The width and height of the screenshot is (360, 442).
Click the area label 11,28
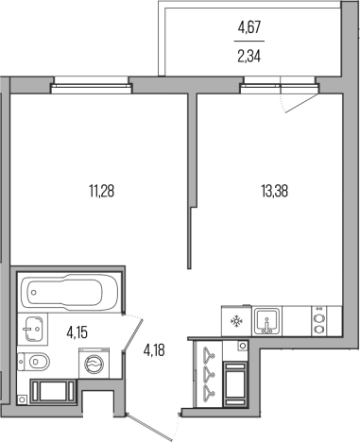tap(101, 191)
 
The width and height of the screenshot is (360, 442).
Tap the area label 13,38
tap(274, 191)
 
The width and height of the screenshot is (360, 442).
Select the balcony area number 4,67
tap(249, 27)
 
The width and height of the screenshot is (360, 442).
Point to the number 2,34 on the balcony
tap(249, 57)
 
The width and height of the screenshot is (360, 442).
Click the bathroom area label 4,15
tap(77, 332)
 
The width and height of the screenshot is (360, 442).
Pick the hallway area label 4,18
tap(154, 349)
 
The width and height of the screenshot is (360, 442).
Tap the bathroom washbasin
tap(33, 329)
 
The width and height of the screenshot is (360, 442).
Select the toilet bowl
tap(34, 362)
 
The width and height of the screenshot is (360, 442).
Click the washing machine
tap(94, 363)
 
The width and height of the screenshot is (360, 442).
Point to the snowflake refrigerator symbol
tap(236, 321)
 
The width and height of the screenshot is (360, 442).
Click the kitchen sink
tap(267, 321)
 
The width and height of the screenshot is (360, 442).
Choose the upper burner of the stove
tap(318, 317)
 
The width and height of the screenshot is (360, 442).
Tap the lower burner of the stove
tap(318, 330)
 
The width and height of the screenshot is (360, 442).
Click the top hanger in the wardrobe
tap(208, 353)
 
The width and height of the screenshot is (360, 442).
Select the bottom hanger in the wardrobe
tap(208, 391)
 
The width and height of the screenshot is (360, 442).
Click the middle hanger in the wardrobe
tap(208, 372)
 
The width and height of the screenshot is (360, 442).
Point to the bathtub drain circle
tap(33, 293)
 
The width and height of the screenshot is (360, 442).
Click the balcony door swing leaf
tap(300, 103)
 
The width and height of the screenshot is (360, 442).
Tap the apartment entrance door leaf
tap(150, 427)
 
